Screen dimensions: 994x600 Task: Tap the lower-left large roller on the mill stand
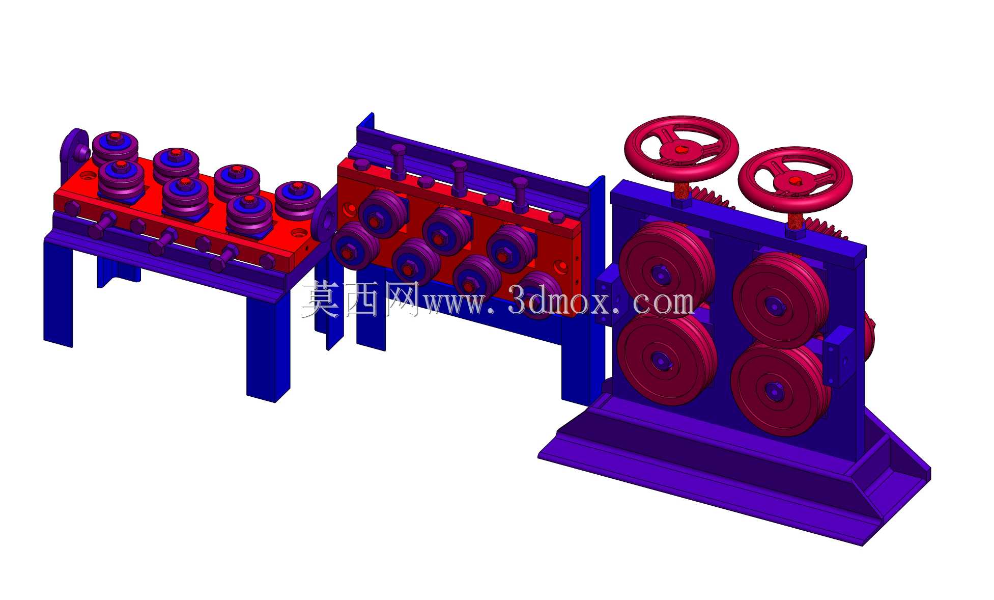(x=666, y=358)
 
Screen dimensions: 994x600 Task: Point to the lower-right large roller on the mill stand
(x=779, y=390)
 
